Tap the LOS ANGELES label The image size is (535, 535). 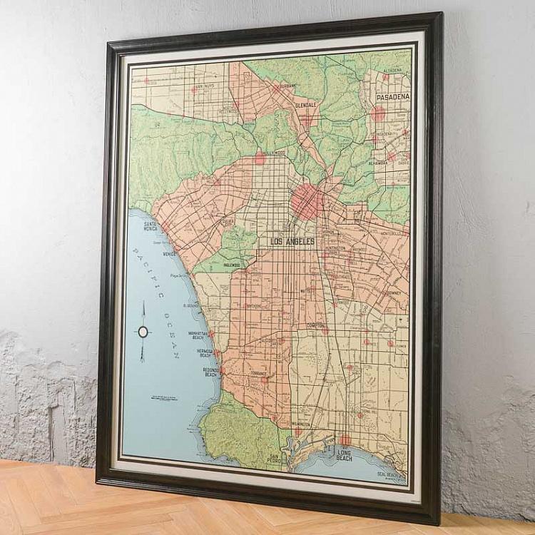pyautogui.click(x=292, y=242)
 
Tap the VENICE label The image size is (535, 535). pyautogui.click(x=169, y=253)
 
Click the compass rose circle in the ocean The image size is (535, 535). pyautogui.click(x=143, y=331)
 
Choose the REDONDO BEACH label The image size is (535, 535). pyautogui.click(x=210, y=372)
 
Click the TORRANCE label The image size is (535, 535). pyautogui.click(x=258, y=373)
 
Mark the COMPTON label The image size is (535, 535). pyautogui.click(x=315, y=325)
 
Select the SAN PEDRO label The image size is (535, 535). pyautogui.click(x=276, y=458)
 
